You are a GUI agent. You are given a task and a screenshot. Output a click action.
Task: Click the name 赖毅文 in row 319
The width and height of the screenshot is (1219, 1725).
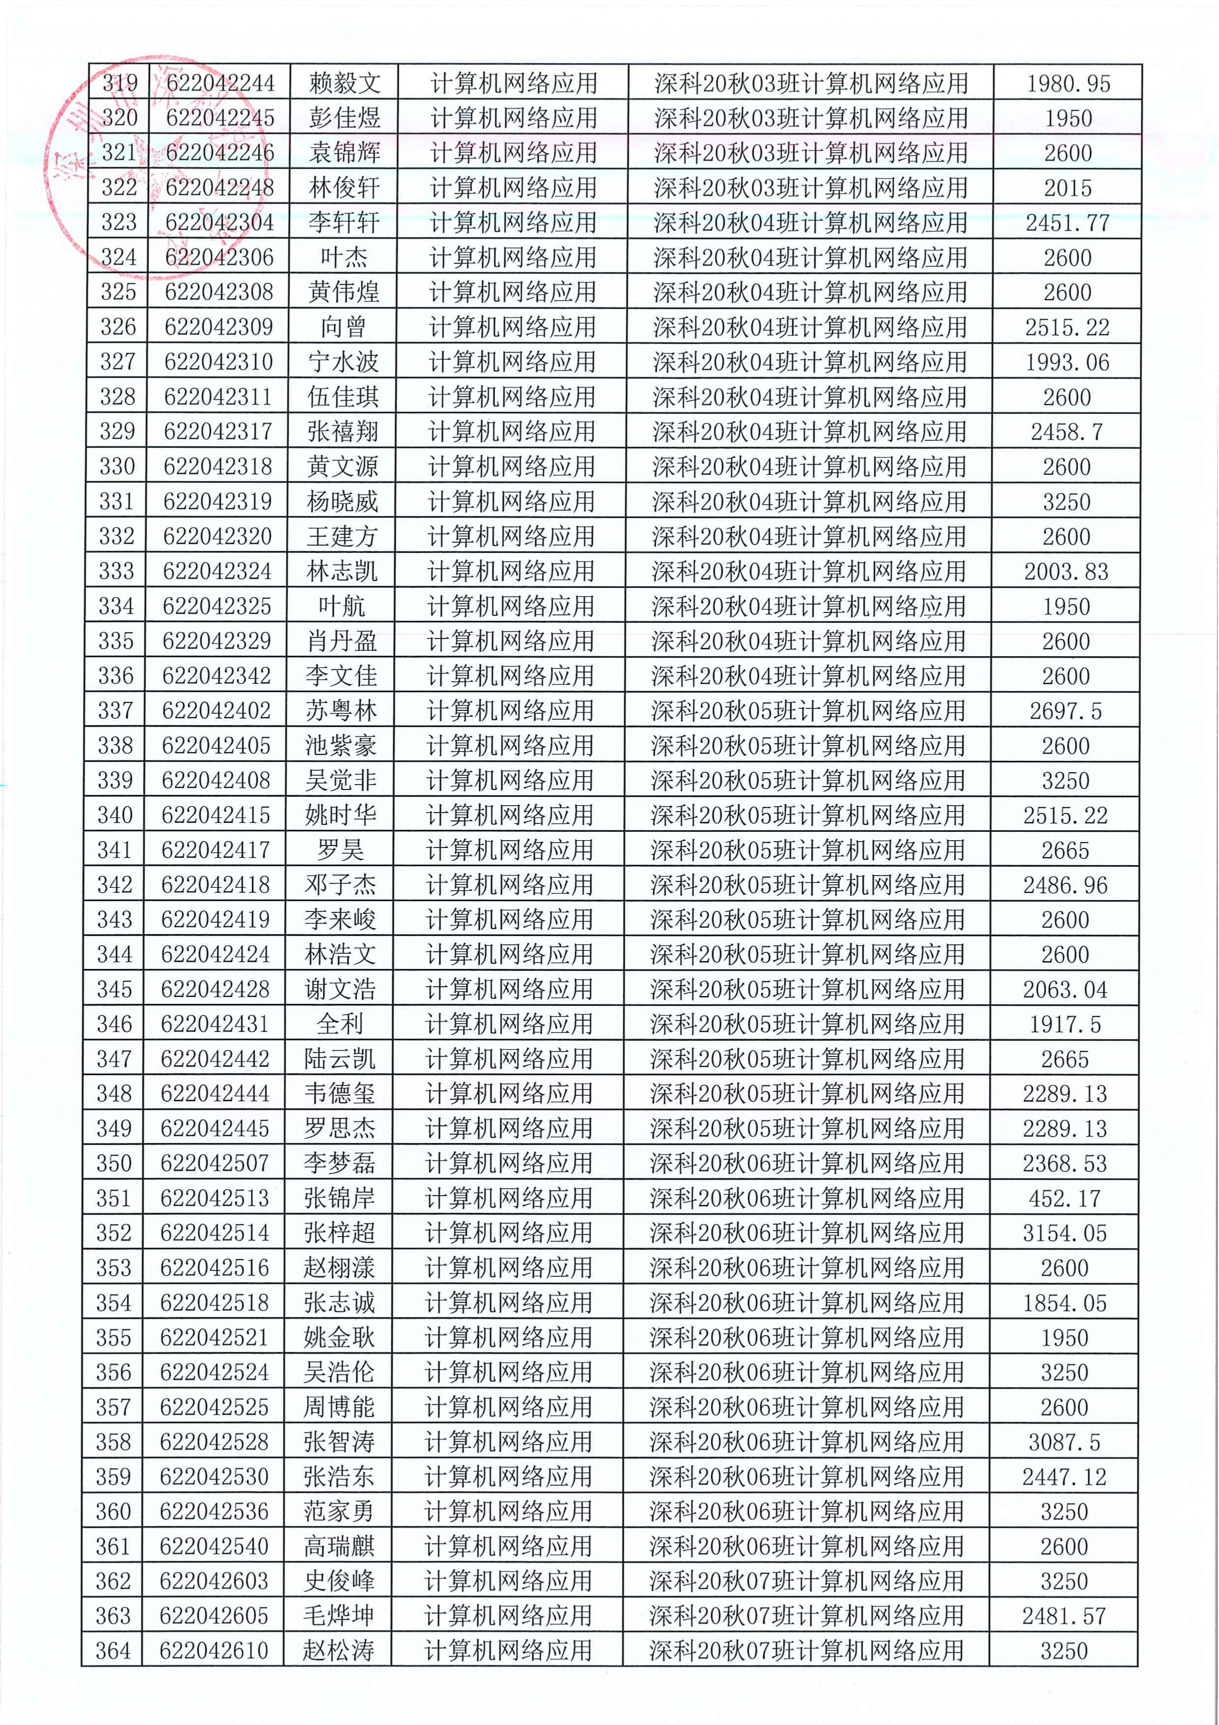[344, 84]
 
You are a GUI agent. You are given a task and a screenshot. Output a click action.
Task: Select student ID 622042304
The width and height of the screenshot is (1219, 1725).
[219, 222]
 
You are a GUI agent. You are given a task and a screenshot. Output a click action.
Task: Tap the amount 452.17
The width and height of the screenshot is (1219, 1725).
[1065, 1199]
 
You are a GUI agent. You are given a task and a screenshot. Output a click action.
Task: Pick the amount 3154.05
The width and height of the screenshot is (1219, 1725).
[1065, 1233]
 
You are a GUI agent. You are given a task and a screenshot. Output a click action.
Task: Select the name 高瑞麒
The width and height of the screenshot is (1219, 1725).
[339, 1546]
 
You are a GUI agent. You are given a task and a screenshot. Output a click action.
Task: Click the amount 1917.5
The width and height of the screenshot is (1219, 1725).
[1065, 1024]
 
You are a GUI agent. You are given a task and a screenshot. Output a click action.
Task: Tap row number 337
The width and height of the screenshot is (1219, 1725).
[116, 710]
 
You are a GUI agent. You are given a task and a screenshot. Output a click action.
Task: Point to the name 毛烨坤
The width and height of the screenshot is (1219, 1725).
[339, 1615]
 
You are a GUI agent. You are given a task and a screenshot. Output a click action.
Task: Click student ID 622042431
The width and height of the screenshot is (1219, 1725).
[216, 1024]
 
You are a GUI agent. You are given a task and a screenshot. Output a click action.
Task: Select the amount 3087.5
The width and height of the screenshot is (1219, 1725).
[1064, 1442]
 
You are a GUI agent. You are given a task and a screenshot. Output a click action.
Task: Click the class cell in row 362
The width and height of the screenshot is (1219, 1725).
[807, 1581]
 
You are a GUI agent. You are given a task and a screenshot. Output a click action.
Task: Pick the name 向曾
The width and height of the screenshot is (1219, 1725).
[343, 327]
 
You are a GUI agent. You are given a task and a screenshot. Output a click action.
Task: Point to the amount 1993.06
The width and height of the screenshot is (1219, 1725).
[1067, 362]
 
